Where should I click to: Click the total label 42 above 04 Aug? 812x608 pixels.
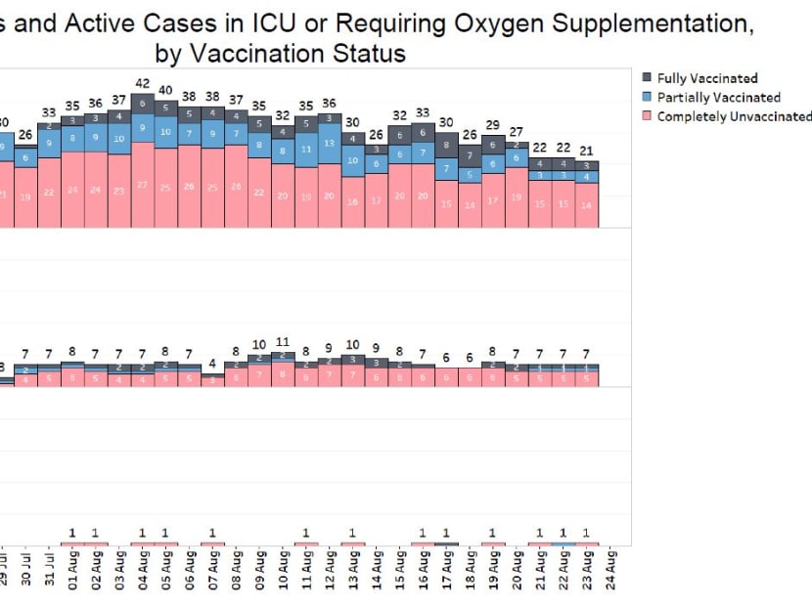[143, 84]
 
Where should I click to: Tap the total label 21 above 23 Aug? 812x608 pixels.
[587, 150]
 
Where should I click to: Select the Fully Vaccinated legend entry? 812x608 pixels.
[706, 78]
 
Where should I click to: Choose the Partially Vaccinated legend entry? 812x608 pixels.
[717, 97]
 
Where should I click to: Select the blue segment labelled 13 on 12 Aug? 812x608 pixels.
[330, 143]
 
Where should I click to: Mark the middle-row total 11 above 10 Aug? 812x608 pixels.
[283, 342]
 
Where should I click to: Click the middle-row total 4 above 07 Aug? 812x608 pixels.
[212, 364]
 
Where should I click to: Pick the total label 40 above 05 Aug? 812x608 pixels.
[166, 90]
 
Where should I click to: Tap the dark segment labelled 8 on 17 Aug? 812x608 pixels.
[446, 146]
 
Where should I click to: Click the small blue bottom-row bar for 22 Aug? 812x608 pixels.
[564, 543]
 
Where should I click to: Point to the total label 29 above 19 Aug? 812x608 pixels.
[493, 125]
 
